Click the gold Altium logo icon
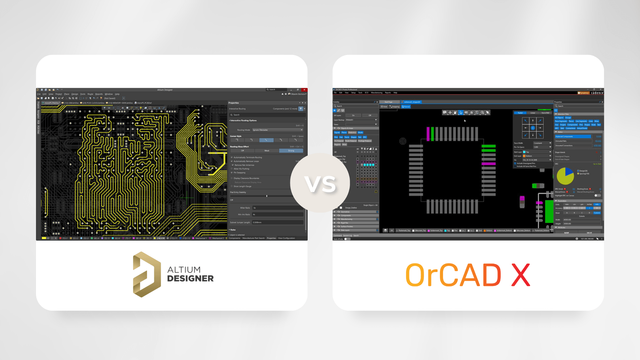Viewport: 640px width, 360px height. [146, 274]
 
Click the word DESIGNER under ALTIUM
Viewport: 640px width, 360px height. [190, 279]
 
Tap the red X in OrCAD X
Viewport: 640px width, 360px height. [520, 275]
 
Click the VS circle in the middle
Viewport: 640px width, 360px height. [320, 183]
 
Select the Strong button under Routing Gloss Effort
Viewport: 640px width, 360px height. [291, 151]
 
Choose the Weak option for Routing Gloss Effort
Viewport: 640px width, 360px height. [267, 151]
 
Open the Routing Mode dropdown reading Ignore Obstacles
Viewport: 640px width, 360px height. [277, 130]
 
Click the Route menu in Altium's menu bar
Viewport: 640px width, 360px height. [90, 94]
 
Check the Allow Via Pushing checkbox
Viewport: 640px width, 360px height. [232, 169]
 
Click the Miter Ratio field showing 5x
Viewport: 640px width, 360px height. [277, 208]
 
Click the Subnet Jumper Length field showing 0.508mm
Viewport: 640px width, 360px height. [277, 222]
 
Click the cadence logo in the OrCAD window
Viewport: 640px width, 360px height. [597, 93]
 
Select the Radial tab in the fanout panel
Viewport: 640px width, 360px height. [520, 113]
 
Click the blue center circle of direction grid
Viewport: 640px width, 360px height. [533, 128]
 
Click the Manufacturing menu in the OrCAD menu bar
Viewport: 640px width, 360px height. [377, 93]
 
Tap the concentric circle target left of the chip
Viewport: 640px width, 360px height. [403, 141]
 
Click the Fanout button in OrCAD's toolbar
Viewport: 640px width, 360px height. [406, 107]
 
